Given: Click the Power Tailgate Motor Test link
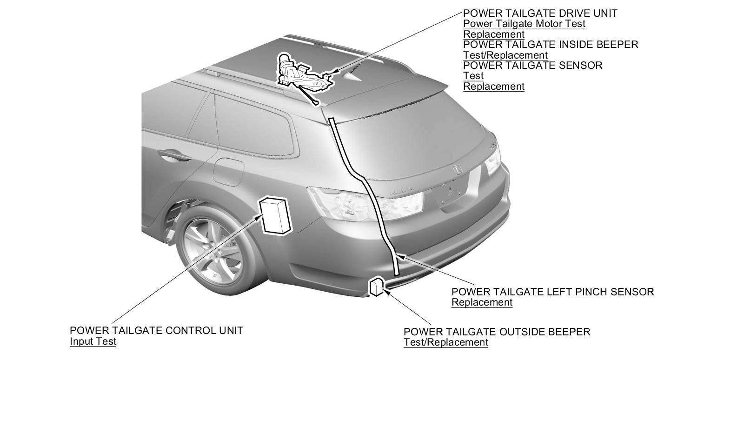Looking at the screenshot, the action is click(x=524, y=24).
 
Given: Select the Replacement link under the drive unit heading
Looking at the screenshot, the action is click(x=493, y=34).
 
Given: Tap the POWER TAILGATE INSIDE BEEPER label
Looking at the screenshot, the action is click(x=551, y=45).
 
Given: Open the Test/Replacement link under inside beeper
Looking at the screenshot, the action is click(x=505, y=55).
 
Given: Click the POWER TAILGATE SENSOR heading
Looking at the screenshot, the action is click(x=532, y=66).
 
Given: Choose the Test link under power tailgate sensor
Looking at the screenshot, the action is click(x=473, y=76).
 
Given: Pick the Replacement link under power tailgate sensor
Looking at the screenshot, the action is click(x=493, y=87).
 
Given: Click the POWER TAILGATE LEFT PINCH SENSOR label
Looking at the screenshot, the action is click(x=552, y=292).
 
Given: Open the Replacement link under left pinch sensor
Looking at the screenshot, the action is click(x=482, y=302).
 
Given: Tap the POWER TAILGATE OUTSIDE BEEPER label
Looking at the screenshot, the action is click(x=497, y=332).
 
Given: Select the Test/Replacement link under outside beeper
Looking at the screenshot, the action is click(x=445, y=342).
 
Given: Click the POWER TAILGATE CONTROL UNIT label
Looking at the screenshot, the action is click(x=156, y=331).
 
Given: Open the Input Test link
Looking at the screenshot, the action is click(x=93, y=341).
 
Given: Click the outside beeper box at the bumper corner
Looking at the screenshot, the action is click(x=377, y=286).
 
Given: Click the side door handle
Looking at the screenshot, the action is click(x=174, y=155).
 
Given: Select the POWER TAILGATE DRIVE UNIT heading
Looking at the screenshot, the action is click(x=540, y=13).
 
